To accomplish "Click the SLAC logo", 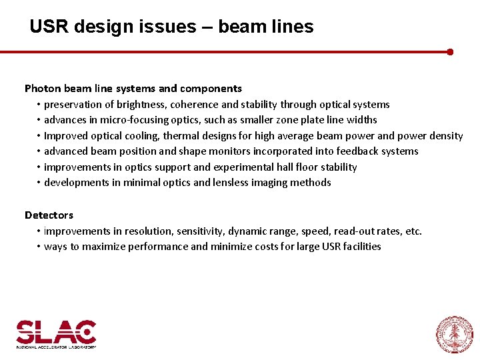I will pos(56,333).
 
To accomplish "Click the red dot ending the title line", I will pos(450,51).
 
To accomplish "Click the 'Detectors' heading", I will pos(49,215).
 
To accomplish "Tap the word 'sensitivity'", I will pos(199,231).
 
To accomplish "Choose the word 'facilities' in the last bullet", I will pos(359,247).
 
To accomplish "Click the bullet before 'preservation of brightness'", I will pos(39,105).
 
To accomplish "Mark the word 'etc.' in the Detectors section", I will pos(414,231).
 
